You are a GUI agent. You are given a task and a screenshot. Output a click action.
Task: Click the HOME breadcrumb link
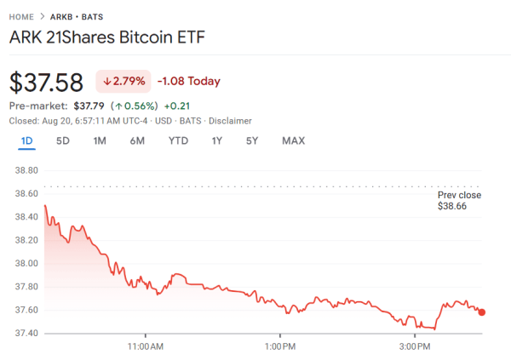tap(22, 17)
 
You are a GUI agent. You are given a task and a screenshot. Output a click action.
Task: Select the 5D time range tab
tap(63, 140)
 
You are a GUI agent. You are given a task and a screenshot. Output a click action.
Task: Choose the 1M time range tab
tap(100, 140)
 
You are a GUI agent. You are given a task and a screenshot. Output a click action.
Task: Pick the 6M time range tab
tap(137, 140)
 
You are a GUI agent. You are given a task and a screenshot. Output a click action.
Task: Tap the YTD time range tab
tap(178, 140)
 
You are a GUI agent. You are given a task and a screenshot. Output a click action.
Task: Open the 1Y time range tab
tap(217, 140)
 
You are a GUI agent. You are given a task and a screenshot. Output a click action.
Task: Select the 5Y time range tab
tap(251, 140)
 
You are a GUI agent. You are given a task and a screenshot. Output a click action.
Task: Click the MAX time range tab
tap(293, 140)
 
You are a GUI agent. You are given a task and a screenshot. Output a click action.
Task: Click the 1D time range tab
tap(26, 140)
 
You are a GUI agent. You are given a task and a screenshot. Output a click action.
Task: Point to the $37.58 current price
tap(46, 83)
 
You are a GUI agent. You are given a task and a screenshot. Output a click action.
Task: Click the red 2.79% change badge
tap(124, 82)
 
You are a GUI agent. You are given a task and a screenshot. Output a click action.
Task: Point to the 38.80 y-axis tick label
tap(27, 171)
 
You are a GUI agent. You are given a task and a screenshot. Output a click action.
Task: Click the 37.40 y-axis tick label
tap(27, 333)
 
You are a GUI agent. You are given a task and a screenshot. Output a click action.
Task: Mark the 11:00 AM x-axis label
tap(145, 346)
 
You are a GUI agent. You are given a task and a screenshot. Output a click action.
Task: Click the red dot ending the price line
tap(482, 312)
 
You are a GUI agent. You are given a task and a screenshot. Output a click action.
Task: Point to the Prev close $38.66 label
tap(458, 201)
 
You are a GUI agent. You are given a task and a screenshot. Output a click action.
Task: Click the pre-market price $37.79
tap(90, 106)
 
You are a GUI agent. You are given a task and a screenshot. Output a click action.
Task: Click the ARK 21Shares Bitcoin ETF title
tap(106, 38)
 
